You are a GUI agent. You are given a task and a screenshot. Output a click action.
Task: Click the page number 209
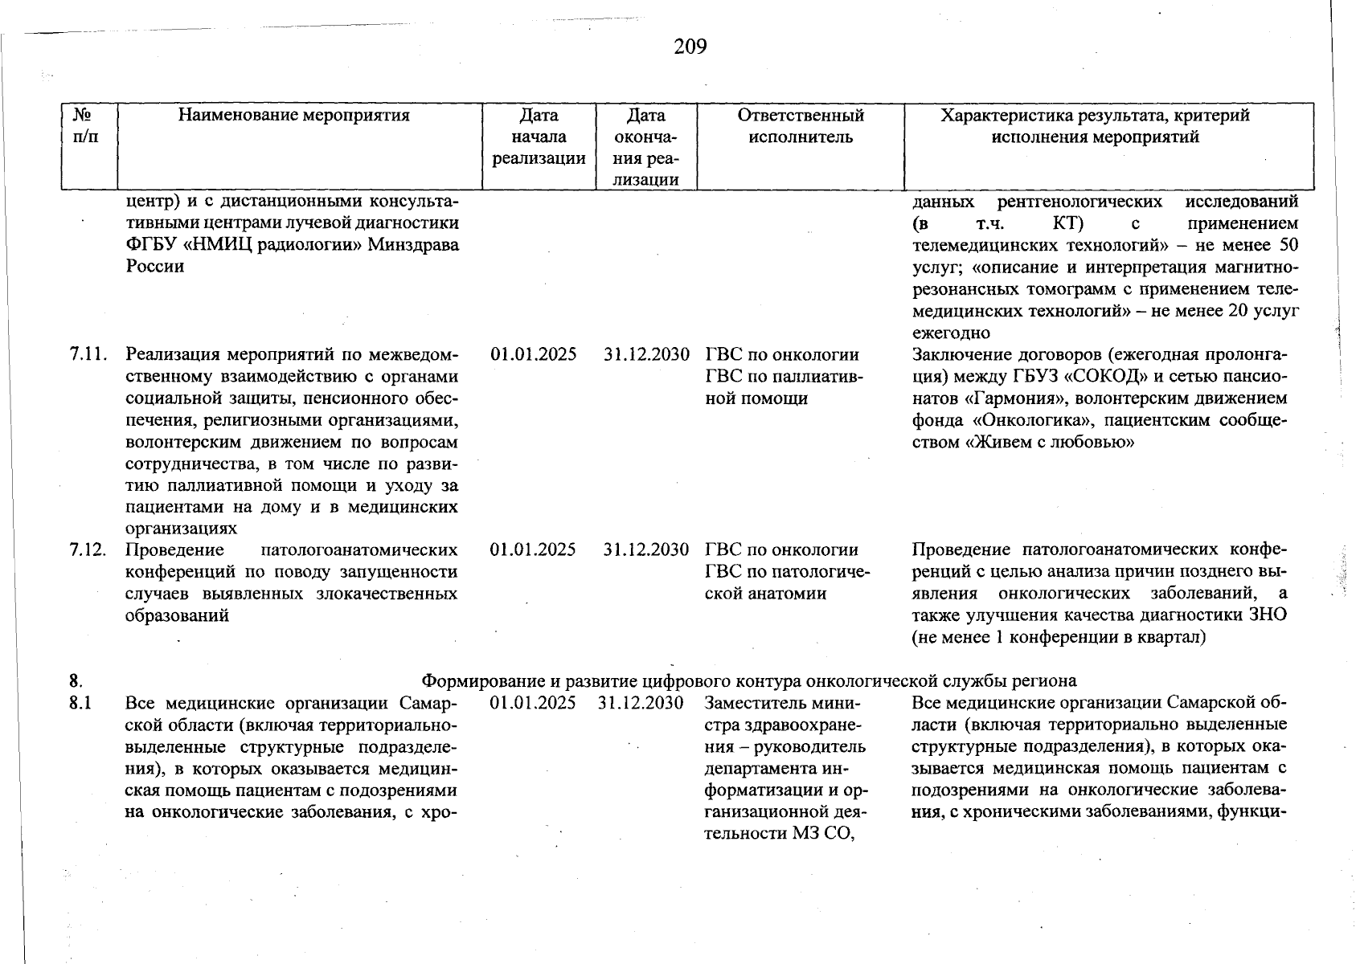(690, 47)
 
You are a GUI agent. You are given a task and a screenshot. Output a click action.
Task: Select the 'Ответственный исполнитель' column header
(801, 126)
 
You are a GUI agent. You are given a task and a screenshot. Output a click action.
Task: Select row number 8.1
(80, 704)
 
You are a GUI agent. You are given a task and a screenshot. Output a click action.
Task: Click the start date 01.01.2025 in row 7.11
(533, 354)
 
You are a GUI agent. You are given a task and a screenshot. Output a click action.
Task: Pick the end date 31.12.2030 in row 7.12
(646, 550)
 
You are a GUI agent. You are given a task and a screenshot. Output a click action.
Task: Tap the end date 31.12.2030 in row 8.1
(641, 704)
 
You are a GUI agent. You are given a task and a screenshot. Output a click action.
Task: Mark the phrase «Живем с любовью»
(1049, 442)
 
